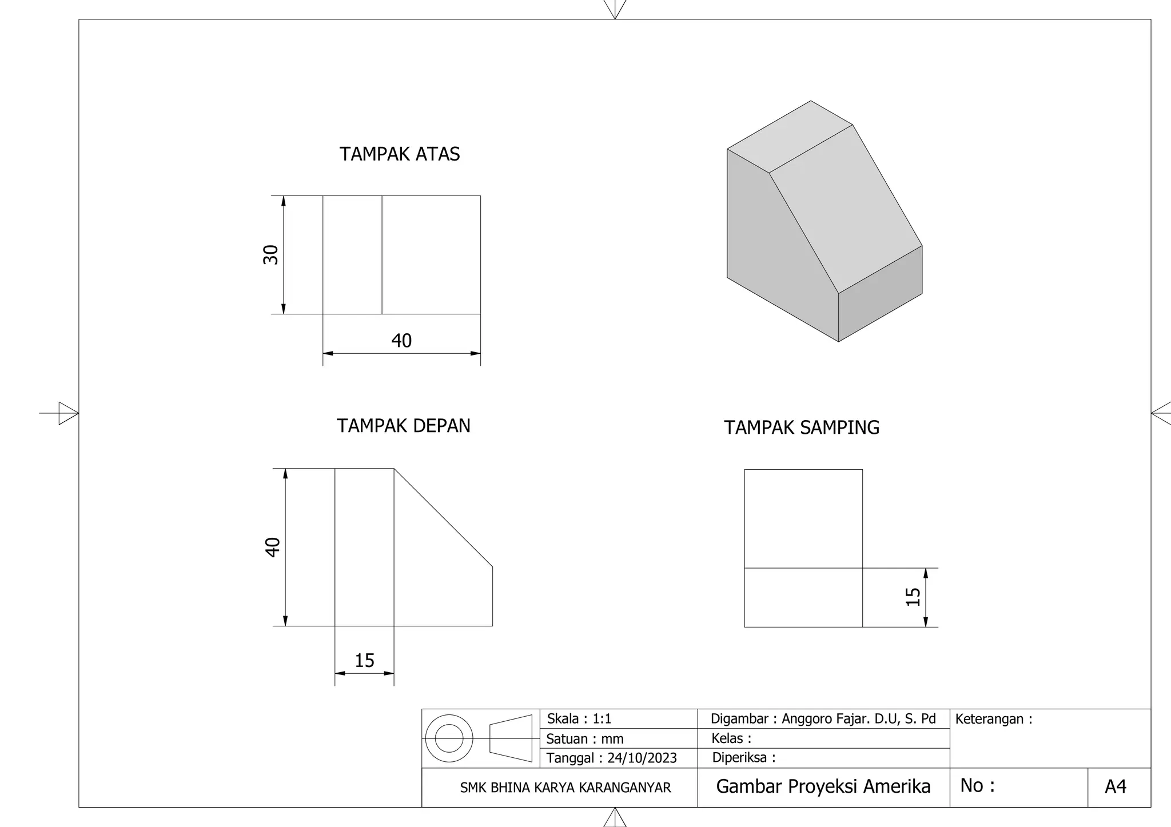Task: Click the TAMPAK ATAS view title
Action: (x=400, y=154)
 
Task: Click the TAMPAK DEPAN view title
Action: (x=403, y=426)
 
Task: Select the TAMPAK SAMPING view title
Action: (x=801, y=428)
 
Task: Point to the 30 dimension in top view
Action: (x=270, y=255)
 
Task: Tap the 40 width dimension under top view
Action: (x=401, y=341)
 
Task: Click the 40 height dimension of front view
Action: (x=273, y=547)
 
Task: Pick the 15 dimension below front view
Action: (x=364, y=661)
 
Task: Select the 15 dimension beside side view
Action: (x=913, y=597)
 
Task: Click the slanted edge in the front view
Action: (x=443, y=518)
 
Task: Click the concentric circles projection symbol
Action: (x=449, y=738)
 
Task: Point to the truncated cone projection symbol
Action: (x=511, y=738)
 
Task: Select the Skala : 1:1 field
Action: (x=579, y=719)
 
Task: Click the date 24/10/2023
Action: (x=642, y=758)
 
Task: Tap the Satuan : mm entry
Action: (x=584, y=739)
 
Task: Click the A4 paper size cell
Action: (x=1115, y=787)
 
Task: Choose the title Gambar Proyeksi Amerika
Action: (x=823, y=786)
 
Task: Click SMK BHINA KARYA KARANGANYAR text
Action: (x=565, y=788)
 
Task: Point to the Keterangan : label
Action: (x=993, y=719)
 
